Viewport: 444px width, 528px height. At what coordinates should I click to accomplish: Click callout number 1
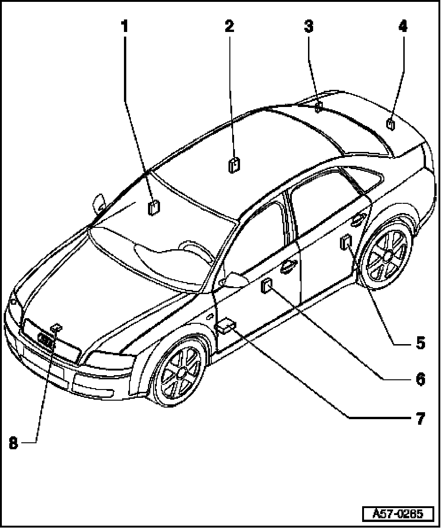tap(124, 26)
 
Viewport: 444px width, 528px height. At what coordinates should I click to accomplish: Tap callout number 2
tap(229, 26)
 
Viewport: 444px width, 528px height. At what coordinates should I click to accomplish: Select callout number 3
tap(308, 26)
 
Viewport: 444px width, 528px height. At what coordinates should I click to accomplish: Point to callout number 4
tap(403, 26)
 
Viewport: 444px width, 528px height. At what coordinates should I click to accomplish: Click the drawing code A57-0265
tap(398, 514)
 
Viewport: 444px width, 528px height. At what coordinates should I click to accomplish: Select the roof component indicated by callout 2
tap(234, 165)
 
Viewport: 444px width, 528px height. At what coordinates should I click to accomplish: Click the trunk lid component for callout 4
tap(391, 124)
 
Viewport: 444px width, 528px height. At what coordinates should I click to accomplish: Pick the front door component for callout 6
tap(267, 287)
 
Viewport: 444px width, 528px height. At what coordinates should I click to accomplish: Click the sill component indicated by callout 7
tap(227, 326)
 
